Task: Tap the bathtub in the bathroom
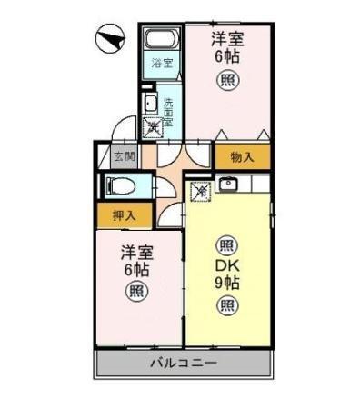point(163,41)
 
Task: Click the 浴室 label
point(162,64)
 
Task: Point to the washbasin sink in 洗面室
point(149,103)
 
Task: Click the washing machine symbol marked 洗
point(155,127)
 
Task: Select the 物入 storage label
point(241,155)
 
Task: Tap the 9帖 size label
point(227,283)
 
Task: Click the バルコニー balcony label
point(184,364)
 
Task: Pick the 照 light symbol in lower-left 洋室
point(135,293)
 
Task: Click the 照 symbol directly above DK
point(226,244)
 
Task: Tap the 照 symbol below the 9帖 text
point(226,305)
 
